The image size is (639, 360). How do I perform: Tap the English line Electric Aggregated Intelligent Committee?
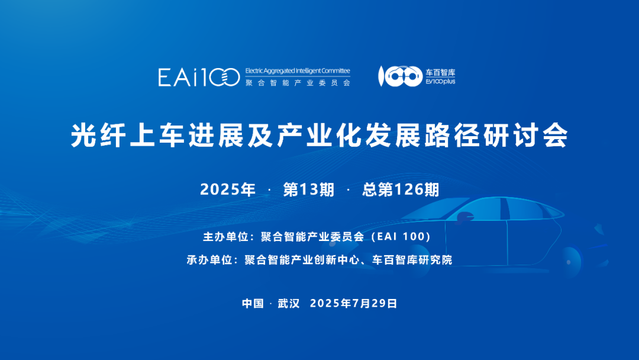[298, 70]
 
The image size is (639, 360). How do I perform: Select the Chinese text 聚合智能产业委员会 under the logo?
[298, 83]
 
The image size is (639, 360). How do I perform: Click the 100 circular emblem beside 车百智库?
[399, 76]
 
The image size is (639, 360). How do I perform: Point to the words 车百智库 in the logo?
[440, 72]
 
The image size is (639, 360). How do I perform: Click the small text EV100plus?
[440, 82]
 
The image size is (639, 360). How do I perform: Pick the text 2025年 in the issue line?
[228, 189]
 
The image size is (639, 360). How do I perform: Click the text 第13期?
[308, 189]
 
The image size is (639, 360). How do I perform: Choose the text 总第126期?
[401, 189]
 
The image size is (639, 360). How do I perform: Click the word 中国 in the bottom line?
[253, 303]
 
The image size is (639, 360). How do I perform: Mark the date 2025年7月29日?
[353, 303]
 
